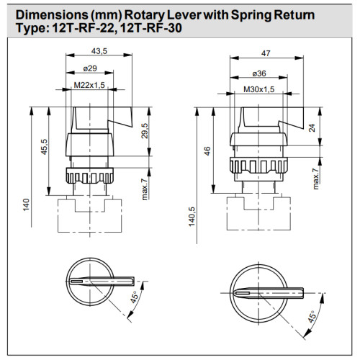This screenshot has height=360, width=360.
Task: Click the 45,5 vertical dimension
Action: point(44,147)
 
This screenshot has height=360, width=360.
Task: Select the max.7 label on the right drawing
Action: point(315,179)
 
